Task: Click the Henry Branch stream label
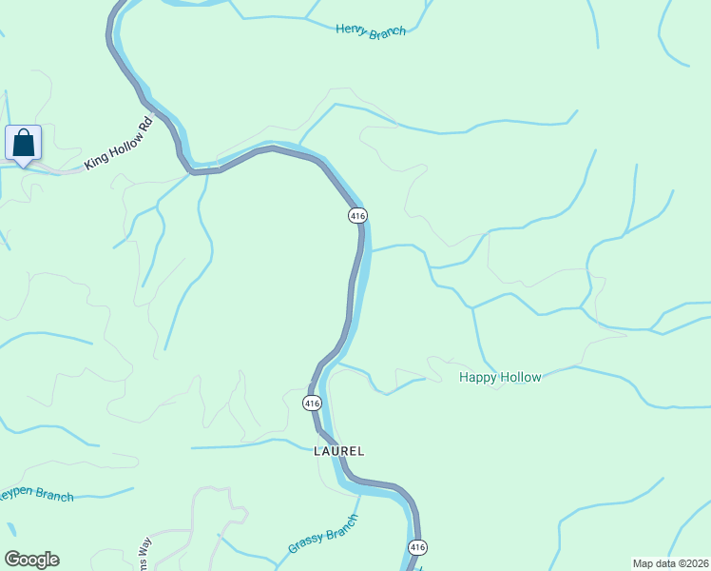(x=371, y=30)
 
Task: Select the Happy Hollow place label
(x=500, y=378)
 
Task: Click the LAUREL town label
(x=339, y=451)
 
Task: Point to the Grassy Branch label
(x=323, y=535)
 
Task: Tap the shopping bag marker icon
(x=24, y=144)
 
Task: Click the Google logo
(x=31, y=560)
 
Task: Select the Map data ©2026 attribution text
(x=670, y=563)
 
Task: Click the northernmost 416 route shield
(x=357, y=216)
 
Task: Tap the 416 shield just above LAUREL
(x=312, y=404)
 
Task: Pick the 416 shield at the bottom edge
(x=417, y=547)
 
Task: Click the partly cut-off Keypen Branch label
(x=36, y=496)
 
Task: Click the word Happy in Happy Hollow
(x=478, y=378)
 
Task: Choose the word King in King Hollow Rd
(x=95, y=161)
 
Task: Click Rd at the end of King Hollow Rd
(x=145, y=126)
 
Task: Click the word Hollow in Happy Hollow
(x=522, y=378)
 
